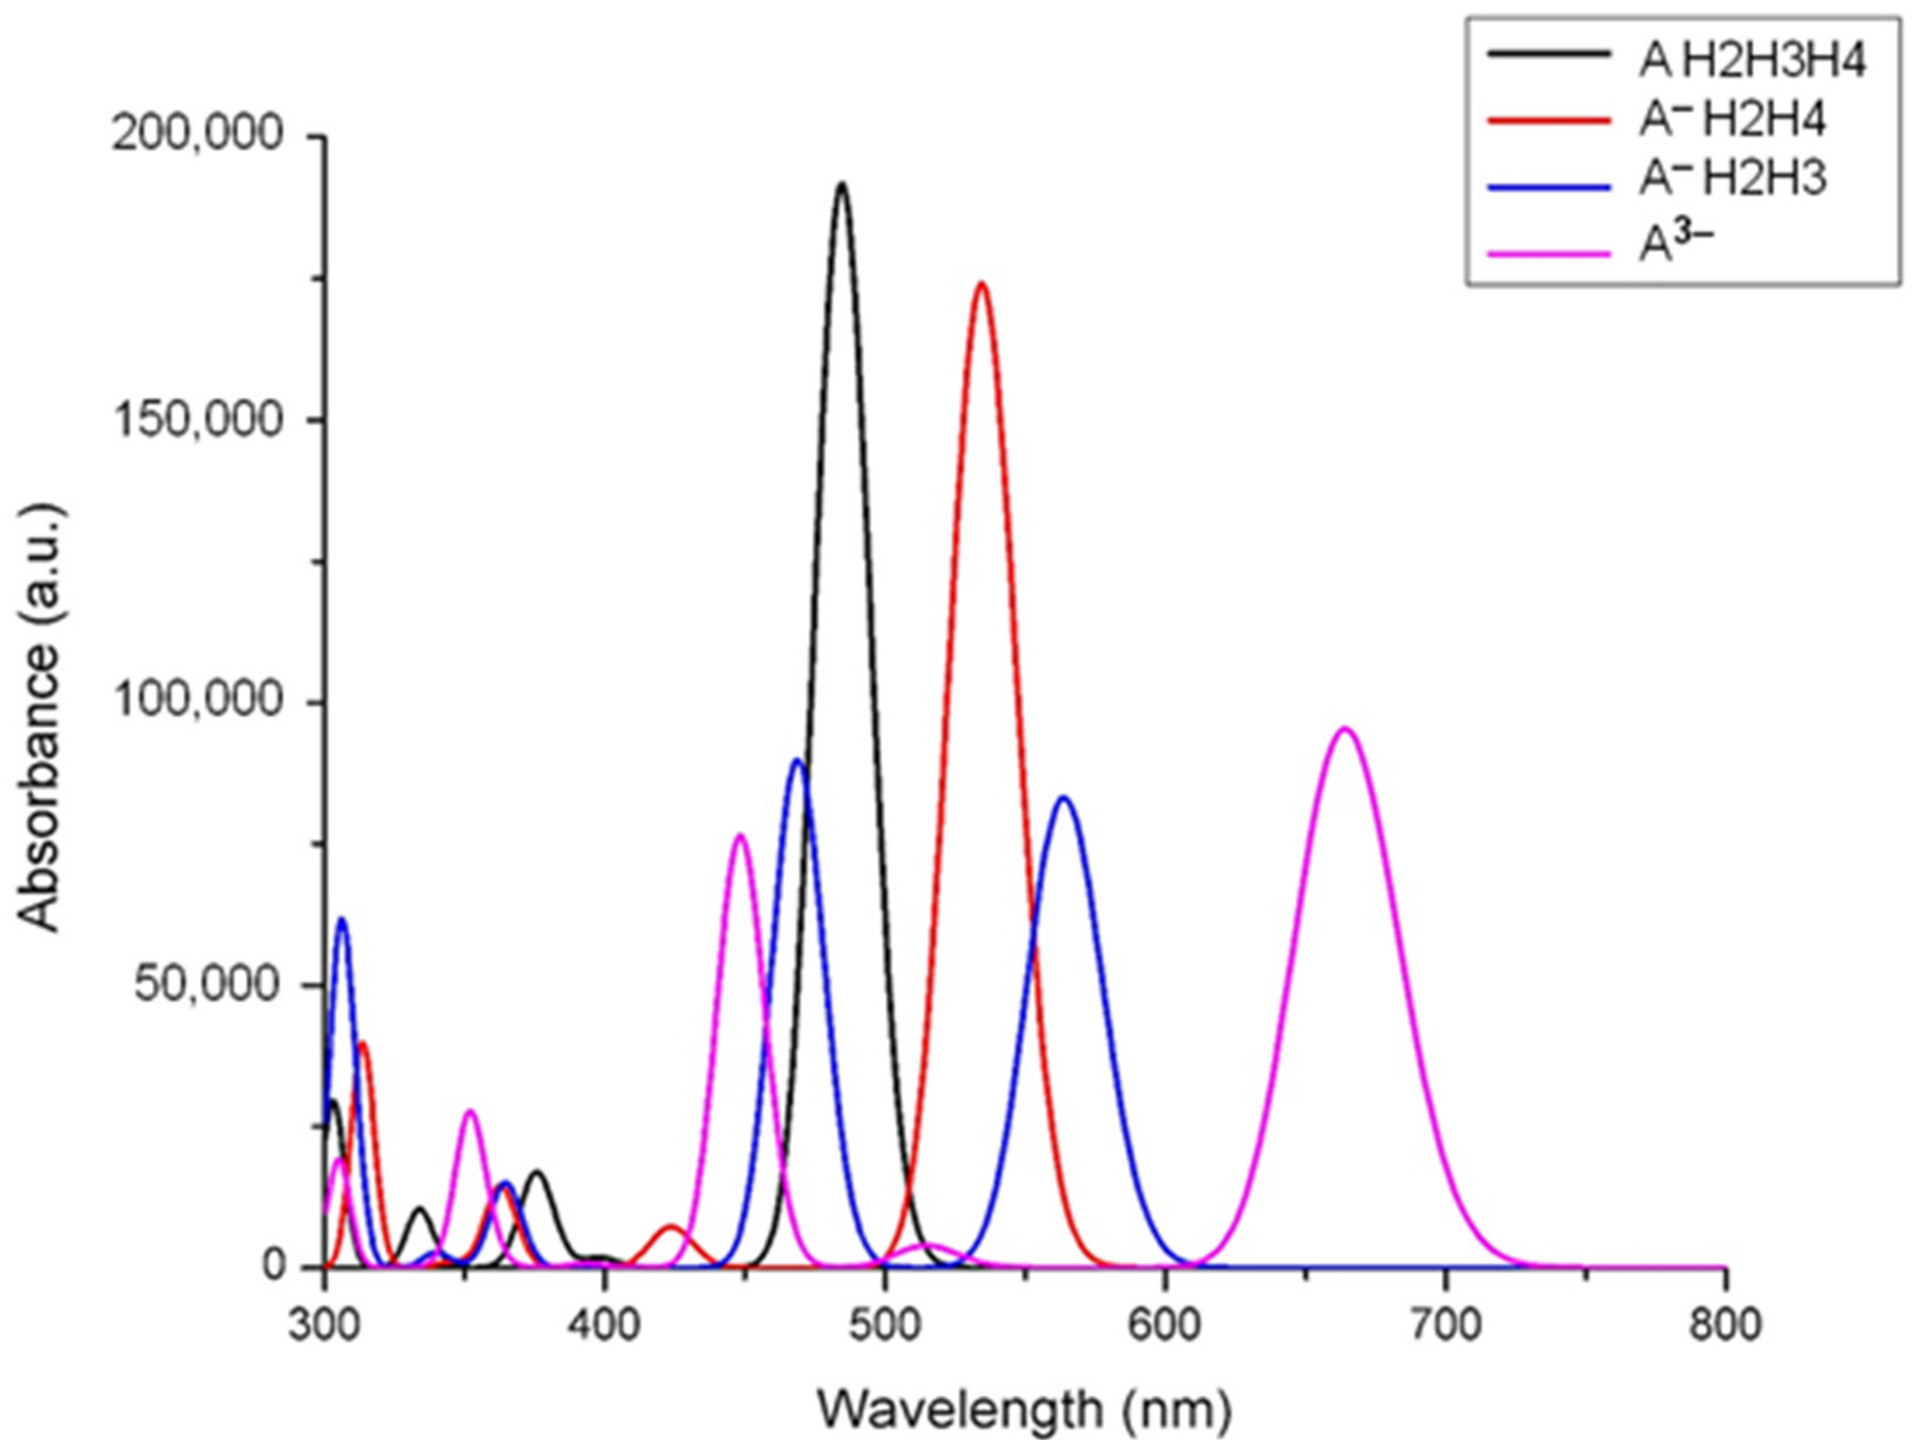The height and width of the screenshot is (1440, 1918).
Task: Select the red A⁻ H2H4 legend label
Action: point(1732,121)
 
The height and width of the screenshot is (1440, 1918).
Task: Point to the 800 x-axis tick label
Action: point(1725,1325)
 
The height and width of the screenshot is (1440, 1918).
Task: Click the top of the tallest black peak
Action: point(841,184)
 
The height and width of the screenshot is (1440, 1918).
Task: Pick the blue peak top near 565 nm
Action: point(1064,797)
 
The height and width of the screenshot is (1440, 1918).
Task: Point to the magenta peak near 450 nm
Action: point(739,836)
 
